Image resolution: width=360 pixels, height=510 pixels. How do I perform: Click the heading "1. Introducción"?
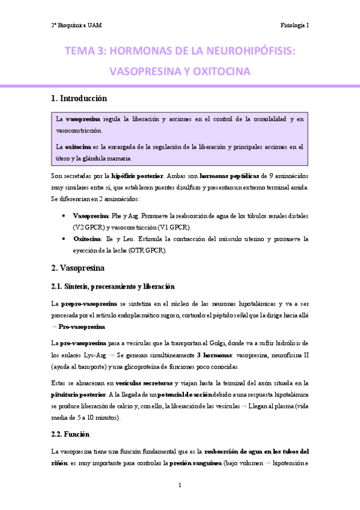point(79,98)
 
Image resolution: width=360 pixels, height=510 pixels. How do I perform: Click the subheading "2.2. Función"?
point(70,433)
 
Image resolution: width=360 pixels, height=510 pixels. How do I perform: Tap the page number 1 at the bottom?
point(180,485)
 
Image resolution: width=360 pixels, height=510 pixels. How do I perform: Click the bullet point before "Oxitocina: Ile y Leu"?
point(64,239)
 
